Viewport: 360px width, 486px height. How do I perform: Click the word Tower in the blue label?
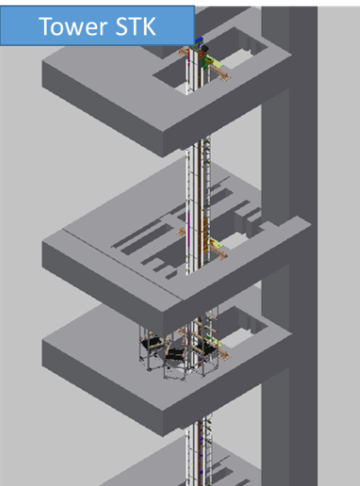[74, 27]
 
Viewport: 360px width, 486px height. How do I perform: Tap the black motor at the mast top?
[204, 49]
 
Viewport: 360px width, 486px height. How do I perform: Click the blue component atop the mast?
[199, 40]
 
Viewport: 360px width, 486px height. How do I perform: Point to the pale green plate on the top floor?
[215, 62]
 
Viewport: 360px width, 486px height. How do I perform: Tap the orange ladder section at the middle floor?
[205, 233]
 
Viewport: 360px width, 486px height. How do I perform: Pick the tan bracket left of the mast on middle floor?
[182, 232]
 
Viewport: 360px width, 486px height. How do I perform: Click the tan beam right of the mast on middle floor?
[219, 251]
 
